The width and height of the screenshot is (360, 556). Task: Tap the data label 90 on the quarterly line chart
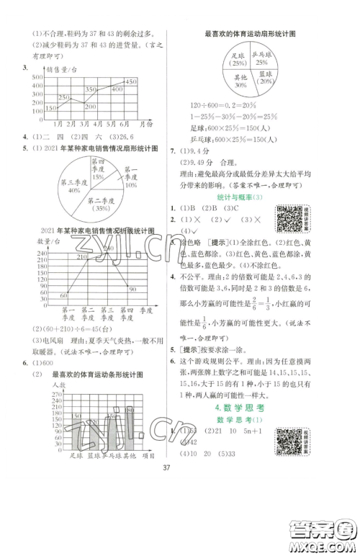131,289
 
